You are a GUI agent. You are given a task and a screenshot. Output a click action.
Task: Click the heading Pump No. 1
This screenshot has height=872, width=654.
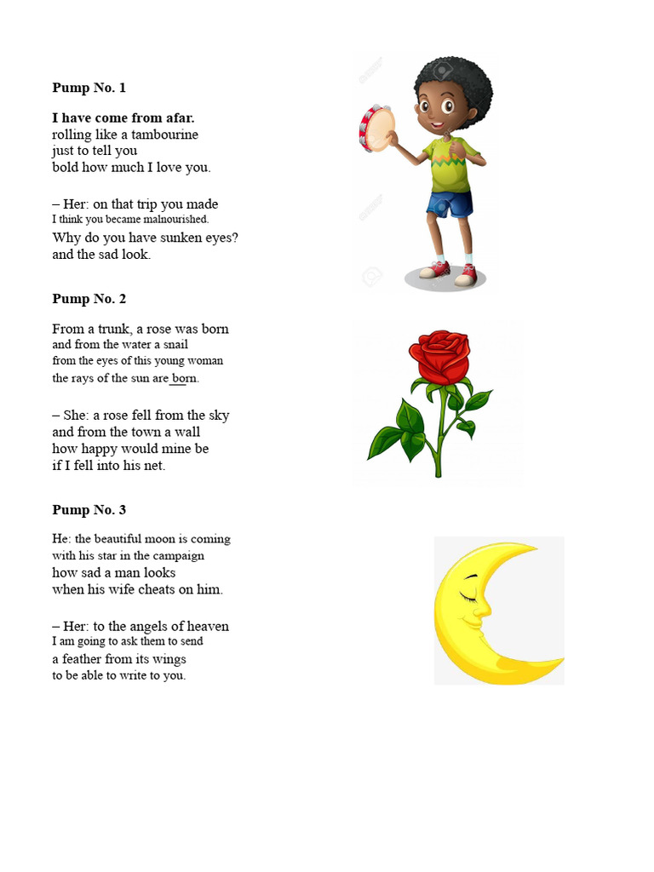coord(89,88)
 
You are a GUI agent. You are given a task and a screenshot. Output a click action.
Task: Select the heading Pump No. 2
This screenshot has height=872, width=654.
coord(89,299)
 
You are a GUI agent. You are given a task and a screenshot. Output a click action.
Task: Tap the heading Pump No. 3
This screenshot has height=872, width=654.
coord(89,510)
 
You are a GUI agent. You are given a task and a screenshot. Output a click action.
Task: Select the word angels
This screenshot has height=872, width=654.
coord(149,626)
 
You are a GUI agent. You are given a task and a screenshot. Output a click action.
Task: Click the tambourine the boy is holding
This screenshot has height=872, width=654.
coord(377,129)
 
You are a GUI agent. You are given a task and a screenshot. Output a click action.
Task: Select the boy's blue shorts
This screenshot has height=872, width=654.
coord(450,205)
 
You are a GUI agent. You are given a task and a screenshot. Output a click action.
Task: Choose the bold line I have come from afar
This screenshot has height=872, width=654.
coord(123,118)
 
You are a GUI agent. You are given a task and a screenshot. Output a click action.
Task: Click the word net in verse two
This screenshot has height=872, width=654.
coord(155,465)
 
